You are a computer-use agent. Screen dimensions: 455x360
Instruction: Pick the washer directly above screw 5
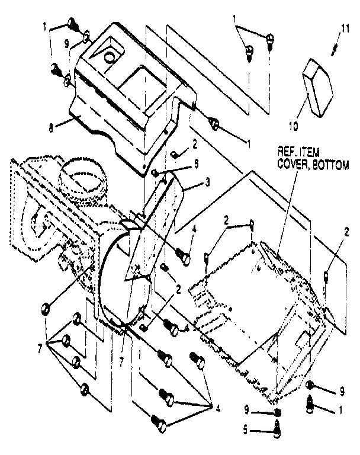pyautogui.click(x=277, y=412)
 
